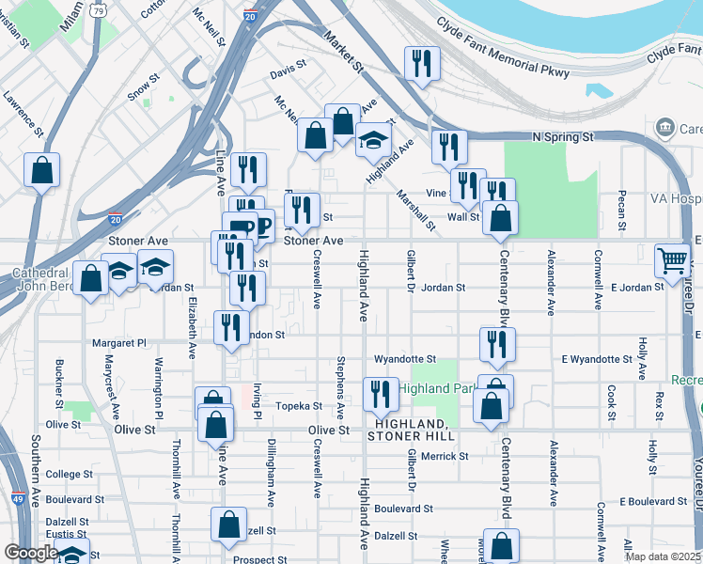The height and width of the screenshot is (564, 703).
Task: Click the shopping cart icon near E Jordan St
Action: click(673, 259)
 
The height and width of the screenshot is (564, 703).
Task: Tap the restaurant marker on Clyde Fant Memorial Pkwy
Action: click(421, 64)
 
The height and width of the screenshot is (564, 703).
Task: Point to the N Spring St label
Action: click(563, 137)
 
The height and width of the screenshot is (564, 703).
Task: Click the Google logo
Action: click(31, 553)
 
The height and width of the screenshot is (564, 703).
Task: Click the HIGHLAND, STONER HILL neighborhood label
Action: click(412, 430)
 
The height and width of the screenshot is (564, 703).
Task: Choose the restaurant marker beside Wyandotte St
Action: click(496, 345)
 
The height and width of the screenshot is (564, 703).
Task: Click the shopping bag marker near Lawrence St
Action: click(41, 170)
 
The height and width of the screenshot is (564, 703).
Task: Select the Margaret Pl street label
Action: click(117, 343)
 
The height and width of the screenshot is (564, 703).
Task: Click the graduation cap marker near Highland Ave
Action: click(373, 141)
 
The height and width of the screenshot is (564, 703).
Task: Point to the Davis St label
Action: click(289, 70)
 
